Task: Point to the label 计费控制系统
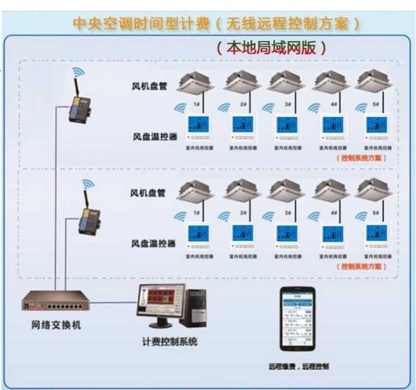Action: (170, 342)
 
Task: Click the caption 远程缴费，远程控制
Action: (298, 365)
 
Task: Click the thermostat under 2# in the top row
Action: (243, 127)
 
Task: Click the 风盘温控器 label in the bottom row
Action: (153, 245)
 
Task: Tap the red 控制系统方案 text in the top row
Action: (362, 158)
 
